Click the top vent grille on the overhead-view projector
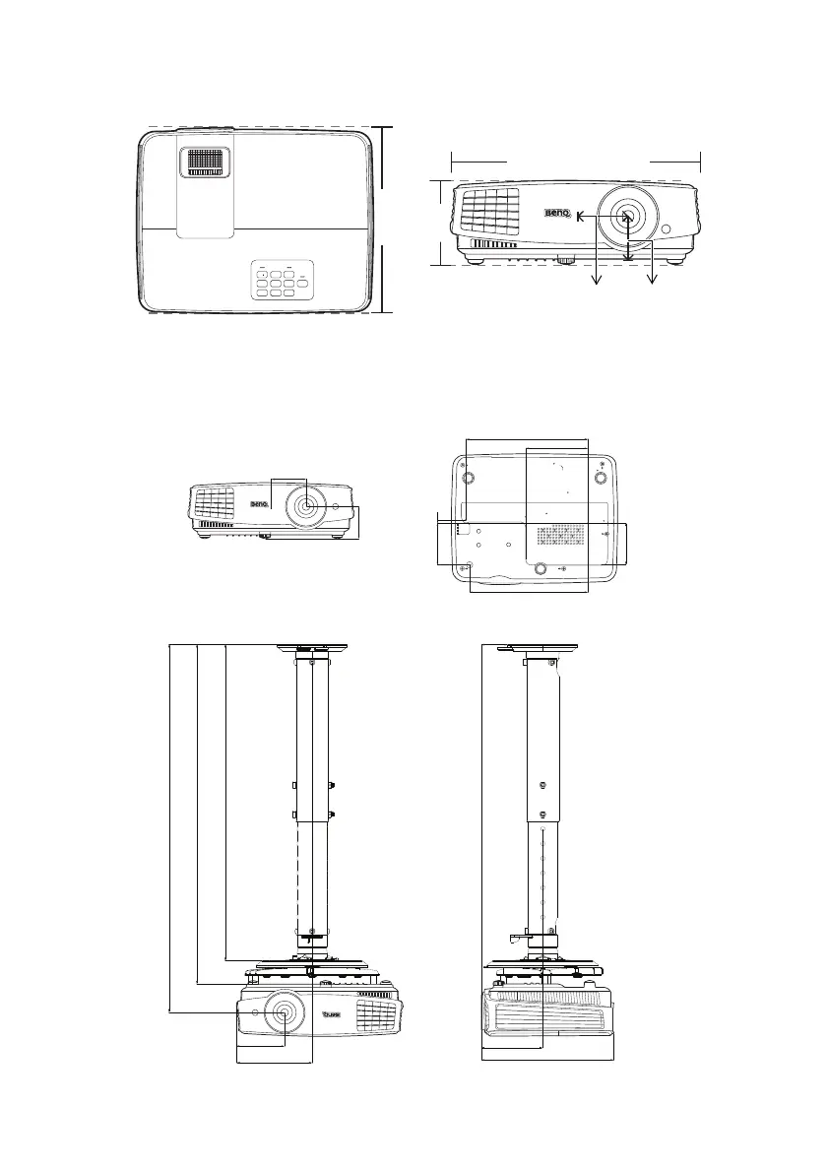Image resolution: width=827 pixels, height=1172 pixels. pos(205,162)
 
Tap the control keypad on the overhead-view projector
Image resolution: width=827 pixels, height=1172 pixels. pos(281,282)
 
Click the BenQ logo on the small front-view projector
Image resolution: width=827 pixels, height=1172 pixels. pos(257,506)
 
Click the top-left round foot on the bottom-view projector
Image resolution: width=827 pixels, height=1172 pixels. pos(468,478)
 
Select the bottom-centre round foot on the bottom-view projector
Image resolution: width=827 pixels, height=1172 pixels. pos(541,568)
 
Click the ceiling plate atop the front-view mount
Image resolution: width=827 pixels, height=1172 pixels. pos(312,647)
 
